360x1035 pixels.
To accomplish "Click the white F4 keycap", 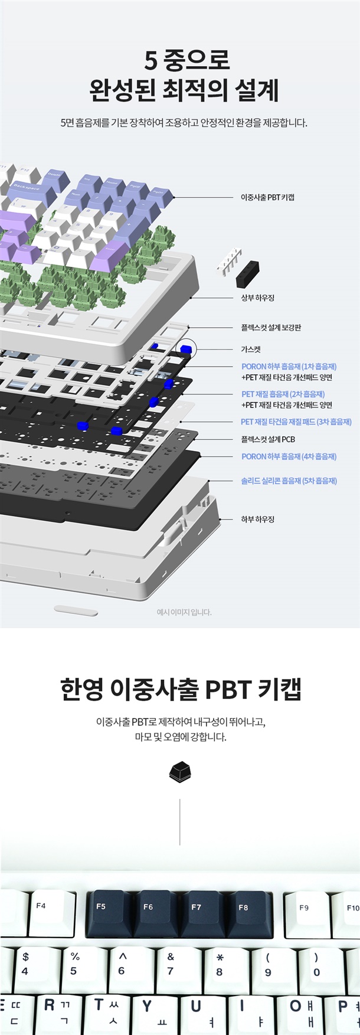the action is coord(50,913).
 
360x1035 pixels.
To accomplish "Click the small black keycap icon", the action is coord(181,772).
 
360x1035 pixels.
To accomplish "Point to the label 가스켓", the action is coord(251,349).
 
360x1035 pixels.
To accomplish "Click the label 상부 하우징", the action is coord(257,298).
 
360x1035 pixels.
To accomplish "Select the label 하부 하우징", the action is coord(257,519).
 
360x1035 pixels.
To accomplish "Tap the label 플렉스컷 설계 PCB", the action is coord(268,439).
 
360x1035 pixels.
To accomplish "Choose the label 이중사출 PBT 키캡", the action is coord(267,197).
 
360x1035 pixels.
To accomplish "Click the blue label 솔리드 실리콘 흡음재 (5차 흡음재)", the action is coord(289,481).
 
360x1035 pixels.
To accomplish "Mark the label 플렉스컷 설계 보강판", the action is coord(271,327).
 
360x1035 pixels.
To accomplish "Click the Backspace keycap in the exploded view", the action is coord(30,190).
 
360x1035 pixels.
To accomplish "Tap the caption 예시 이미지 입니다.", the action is coord(184,612).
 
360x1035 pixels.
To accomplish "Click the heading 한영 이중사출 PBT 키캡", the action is coord(181,689).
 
